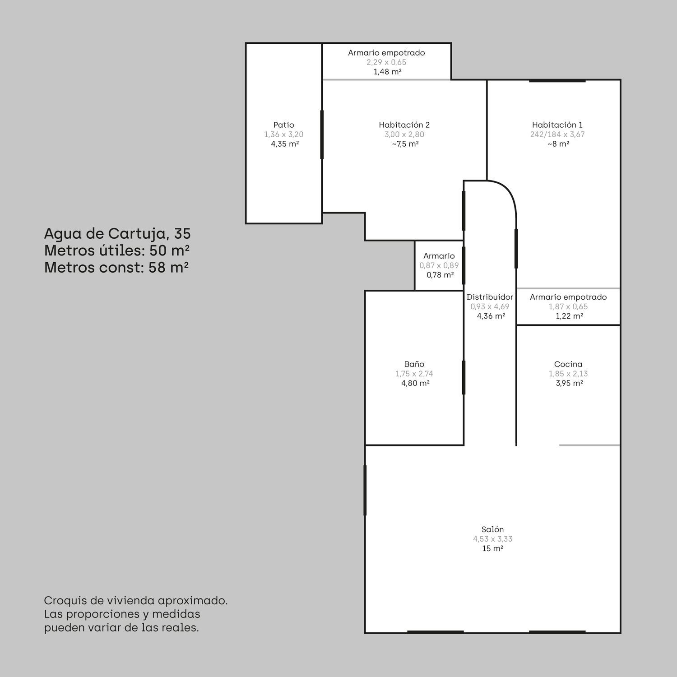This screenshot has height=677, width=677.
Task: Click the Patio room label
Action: [x=284, y=125]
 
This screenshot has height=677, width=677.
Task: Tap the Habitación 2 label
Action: [x=404, y=125]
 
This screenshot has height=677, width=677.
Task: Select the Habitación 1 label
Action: [x=557, y=125]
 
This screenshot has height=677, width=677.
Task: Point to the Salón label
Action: [x=492, y=529]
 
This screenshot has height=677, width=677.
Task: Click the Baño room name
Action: [x=414, y=364]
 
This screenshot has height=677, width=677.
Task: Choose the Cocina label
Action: [x=568, y=364]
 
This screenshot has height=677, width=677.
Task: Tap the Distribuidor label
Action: [x=490, y=297]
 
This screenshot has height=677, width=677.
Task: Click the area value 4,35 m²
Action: [x=285, y=144]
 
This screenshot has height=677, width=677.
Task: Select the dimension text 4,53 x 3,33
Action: [x=492, y=539]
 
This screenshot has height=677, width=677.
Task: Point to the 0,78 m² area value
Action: [x=440, y=275]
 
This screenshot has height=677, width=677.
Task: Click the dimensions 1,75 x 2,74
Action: [x=414, y=374]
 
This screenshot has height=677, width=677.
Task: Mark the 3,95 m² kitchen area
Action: [x=569, y=383]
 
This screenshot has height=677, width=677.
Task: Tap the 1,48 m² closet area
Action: [x=388, y=72]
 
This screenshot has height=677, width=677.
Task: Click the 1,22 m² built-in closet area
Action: [x=569, y=316]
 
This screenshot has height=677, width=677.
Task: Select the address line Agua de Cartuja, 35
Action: [x=117, y=234]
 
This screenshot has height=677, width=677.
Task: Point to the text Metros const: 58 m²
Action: [x=116, y=268]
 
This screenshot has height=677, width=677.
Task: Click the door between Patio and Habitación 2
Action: [x=322, y=134]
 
